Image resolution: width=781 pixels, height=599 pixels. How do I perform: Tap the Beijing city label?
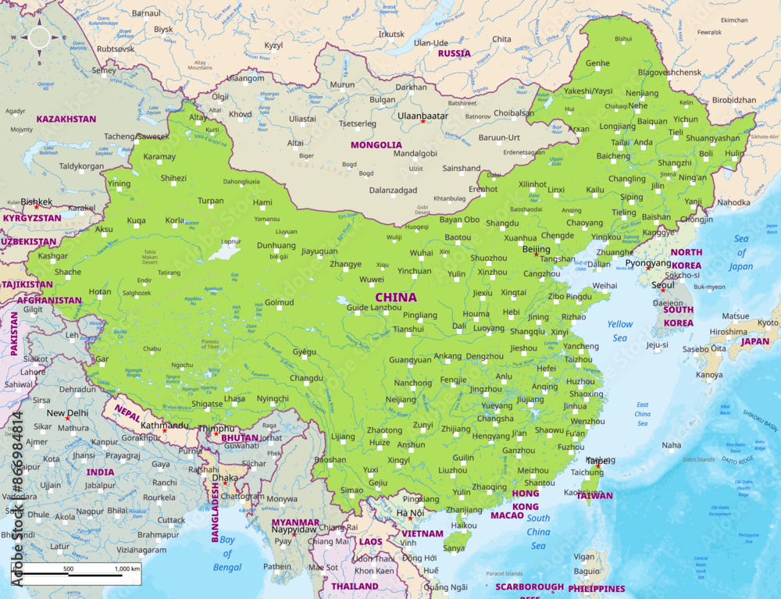coord(536,249)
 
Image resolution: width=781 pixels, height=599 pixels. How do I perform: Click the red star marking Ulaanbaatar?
coord(423,121)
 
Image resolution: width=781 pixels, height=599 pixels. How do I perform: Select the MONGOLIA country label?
coord(376,145)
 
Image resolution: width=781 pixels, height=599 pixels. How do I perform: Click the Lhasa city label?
coord(234,398)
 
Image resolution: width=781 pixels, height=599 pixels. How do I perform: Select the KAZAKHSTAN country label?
coord(66,119)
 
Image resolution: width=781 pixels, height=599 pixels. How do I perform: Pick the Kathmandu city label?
coord(163,425)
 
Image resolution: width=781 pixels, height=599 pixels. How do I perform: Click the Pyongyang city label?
coord(648,263)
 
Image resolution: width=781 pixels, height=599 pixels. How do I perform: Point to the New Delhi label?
coord(67,413)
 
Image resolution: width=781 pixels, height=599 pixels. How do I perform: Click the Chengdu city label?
coord(306,378)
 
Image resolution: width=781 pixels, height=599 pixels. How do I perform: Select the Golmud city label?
coord(280,302)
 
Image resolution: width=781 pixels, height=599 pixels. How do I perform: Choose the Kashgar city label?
coord(53,255)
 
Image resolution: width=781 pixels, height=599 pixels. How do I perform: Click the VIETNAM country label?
coord(422,533)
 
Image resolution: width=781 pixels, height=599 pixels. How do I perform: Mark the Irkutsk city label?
coord(391,34)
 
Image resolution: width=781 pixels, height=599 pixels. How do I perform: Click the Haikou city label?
coord(464,526)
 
